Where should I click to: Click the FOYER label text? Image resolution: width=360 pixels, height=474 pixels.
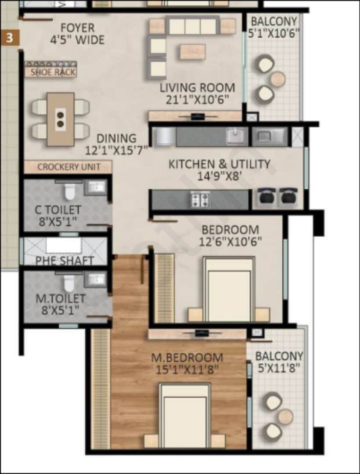click(77, 28)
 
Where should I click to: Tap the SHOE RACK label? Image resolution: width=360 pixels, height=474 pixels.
click(53, 72)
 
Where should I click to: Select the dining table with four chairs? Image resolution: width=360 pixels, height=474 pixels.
click(61, 119)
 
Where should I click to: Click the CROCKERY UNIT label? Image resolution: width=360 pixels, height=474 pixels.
click(68, 167)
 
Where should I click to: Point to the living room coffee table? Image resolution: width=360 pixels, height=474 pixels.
click(192, 52)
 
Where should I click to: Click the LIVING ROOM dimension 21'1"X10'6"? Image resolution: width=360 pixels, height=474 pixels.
click(197, 99)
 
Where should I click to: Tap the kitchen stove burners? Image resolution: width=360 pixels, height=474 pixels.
click(200, 200)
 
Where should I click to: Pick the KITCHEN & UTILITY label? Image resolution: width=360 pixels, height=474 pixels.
click(219, 164)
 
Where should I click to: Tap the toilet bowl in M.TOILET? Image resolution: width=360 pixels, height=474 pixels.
click(69, 283)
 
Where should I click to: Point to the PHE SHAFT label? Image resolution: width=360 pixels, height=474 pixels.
click(65, 261)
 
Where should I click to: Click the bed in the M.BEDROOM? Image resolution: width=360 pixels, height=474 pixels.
click(184, 415)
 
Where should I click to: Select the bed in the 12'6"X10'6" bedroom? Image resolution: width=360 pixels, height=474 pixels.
click(229, 290)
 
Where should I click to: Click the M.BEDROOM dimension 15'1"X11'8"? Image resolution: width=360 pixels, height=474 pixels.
click(187, 370)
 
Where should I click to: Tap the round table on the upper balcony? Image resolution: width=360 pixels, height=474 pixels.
click(277, 79)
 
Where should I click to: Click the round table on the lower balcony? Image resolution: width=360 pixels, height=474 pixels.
click(285, 416)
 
